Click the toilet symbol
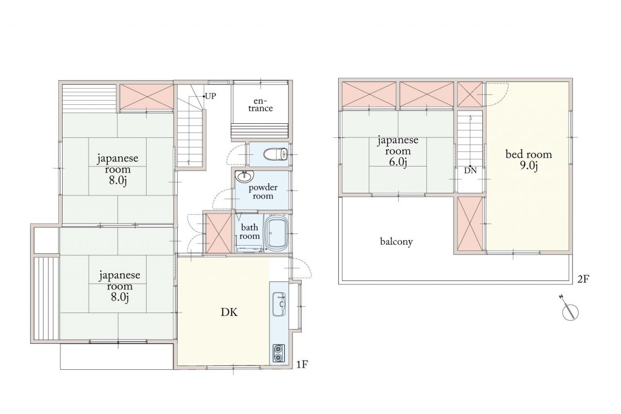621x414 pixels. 276,154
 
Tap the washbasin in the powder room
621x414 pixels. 244,176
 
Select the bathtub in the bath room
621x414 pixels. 277,232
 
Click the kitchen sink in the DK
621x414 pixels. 279,304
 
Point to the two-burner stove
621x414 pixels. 278,353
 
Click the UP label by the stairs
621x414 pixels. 210,96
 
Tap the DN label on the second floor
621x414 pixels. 471,170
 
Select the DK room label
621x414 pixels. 229,313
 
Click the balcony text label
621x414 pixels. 396,242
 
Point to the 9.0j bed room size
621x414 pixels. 529,166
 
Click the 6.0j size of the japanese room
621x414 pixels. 398,162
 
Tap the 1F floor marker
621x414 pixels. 302,364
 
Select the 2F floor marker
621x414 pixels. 583,279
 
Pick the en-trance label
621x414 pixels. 261,104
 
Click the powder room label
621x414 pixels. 263,192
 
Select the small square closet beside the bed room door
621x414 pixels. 470,94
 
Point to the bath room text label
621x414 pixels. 249,232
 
